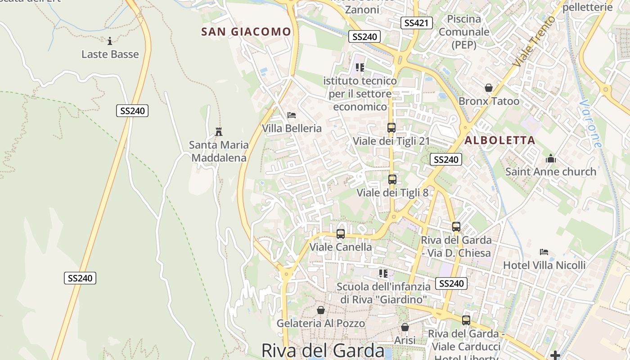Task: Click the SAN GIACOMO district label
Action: coord(246,31)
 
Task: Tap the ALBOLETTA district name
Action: coord(499,140)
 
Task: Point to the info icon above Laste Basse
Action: coord(110,41)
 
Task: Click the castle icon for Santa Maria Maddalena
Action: coord(219,132)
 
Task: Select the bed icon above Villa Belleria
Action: coord(292,116)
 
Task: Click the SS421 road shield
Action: coord(416,23)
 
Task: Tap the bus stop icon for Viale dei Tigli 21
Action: coord(391,128)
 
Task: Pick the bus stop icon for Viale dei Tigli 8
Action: coord(392,180)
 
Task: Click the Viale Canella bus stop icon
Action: coord(341,234)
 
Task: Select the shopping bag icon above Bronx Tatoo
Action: coord(489,88)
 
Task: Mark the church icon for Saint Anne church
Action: coord(550,158)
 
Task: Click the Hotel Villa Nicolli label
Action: coord(544,265)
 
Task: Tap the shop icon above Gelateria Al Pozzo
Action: coord(321,310)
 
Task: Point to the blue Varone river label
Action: coord(590,124)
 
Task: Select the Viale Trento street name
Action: coord(535,41)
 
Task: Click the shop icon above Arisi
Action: coord(405,327)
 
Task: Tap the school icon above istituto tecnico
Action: coord(360,67)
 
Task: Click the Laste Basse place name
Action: coord(110,54)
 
